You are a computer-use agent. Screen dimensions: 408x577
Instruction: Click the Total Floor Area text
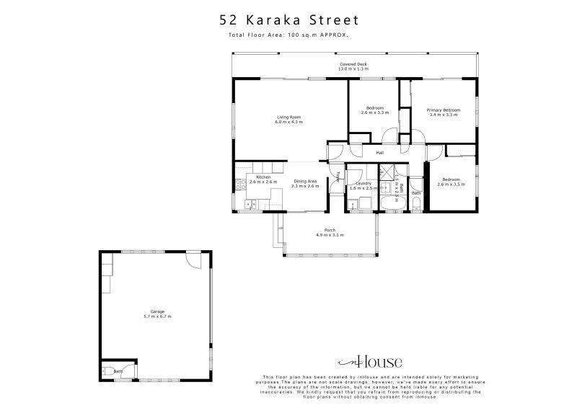pos(288,34)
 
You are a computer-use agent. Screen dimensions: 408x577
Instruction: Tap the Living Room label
pos(288,117)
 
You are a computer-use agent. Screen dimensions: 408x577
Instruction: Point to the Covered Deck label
pos(353,65)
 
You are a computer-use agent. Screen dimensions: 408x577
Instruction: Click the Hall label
pos(379,153)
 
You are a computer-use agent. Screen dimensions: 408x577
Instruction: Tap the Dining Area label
pos(304,182)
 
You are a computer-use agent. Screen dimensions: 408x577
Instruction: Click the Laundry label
pos(363,183)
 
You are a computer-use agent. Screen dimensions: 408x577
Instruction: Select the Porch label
pos(330,231)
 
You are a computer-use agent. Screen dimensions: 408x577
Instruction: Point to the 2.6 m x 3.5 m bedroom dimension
pos(451,185)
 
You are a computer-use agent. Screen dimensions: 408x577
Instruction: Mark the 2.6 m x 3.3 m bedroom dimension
pos(374,113)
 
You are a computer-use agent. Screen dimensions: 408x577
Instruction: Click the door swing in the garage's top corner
pos(193,260)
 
